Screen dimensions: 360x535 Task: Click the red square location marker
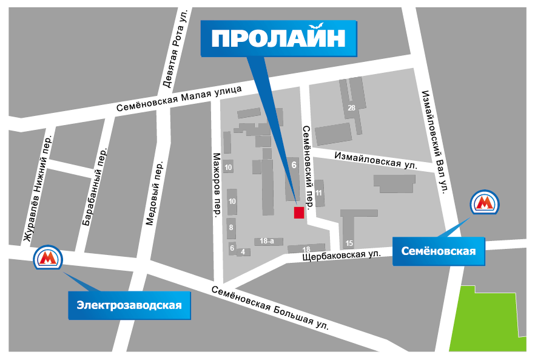click(x=298, y=212)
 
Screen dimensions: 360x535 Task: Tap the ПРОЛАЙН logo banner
click(x=278, y=38)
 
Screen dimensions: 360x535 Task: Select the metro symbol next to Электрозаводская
click(x=47, y=259)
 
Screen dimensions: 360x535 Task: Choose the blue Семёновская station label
click(x=439, y=251)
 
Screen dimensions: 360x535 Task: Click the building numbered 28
click(x=351, y=108)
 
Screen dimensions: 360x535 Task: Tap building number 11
click(x=319, y=193)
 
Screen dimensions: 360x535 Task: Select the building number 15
click(x=349, y=243)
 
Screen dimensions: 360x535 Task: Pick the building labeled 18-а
click(x=267, y=241)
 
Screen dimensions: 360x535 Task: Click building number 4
click(x=243, y=252)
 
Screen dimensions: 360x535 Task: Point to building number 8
click(x=231, y=228)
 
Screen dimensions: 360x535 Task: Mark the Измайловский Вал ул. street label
click(x=434, y=139)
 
